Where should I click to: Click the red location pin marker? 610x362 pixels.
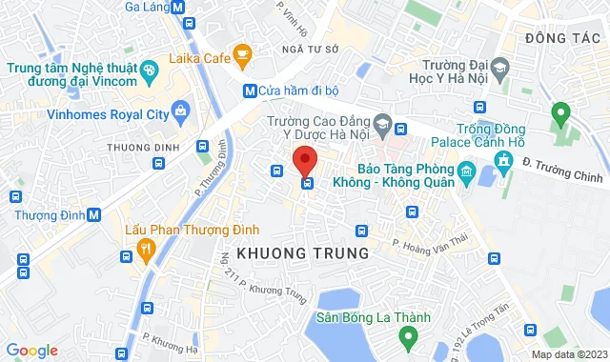304,159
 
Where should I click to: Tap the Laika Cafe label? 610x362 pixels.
199,59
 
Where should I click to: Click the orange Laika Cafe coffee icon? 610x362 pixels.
243,54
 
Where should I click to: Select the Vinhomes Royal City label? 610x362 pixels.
108,114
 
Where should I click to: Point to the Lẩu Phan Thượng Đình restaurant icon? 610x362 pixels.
145,251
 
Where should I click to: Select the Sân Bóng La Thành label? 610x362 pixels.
375,317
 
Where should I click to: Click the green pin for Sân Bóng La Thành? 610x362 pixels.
408,335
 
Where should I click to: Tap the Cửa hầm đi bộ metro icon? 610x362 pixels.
250,91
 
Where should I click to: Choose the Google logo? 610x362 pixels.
31,351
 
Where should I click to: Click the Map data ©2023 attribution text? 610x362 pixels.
568,354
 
